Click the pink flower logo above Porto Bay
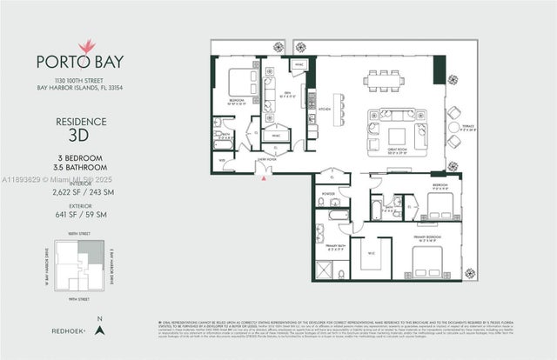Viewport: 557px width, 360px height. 84,45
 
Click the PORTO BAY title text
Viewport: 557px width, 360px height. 84,62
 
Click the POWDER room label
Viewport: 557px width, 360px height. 330,194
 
